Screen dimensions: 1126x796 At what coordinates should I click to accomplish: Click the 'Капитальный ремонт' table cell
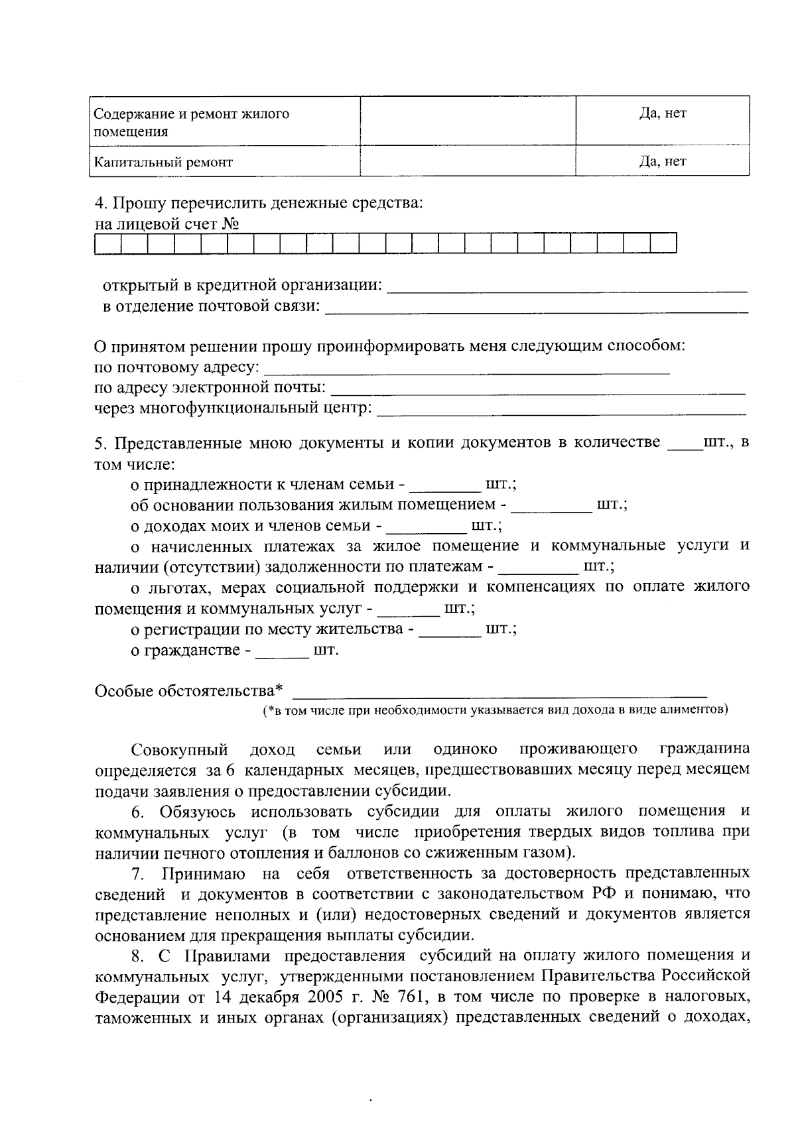163,162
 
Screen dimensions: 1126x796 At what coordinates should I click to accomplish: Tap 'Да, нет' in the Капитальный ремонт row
662,161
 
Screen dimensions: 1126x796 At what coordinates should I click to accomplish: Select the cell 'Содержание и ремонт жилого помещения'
191,122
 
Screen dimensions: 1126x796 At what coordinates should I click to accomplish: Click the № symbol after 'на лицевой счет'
230,224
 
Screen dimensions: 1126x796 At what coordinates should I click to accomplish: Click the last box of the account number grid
663,243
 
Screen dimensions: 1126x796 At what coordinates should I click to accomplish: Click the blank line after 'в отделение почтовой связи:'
536,307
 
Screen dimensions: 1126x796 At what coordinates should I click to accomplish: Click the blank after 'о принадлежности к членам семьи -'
445,487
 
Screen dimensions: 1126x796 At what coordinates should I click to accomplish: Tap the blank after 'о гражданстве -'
283,653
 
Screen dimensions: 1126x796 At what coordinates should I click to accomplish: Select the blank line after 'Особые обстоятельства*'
499,692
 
